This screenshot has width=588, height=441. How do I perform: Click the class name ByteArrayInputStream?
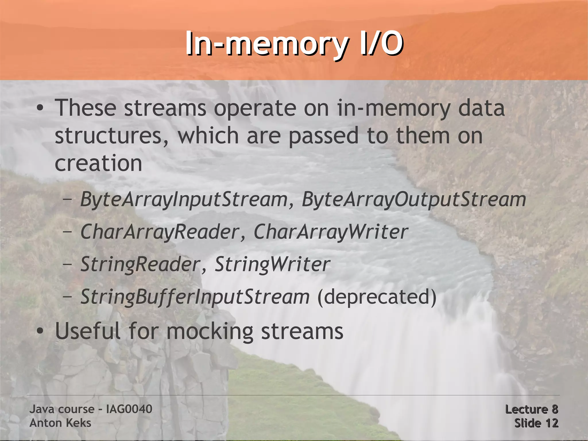point(184,199)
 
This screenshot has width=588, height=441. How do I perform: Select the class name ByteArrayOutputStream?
point(414,199)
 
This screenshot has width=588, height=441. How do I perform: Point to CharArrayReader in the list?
point(160,232)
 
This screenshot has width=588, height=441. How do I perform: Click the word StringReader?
point(140,264)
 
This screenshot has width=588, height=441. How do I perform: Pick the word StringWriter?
point(272,264)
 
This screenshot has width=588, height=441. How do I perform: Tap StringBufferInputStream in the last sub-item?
point(195,296)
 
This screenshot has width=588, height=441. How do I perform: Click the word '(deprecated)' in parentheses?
point(377,296)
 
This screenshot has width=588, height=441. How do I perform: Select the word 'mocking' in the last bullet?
point(210,331)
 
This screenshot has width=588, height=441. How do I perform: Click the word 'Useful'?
point(88,331)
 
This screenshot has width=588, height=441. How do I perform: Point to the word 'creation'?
point(98,163)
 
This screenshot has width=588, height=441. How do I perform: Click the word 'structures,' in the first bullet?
point(112,136)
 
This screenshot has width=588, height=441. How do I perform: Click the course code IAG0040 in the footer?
point(129,409)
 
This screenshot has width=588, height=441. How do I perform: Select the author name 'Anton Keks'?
point(60,423)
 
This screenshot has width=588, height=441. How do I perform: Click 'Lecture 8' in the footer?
point(531,409)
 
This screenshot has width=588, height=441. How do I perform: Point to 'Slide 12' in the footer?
point(536,423)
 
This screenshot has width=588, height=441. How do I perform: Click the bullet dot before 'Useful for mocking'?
point(40,331)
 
